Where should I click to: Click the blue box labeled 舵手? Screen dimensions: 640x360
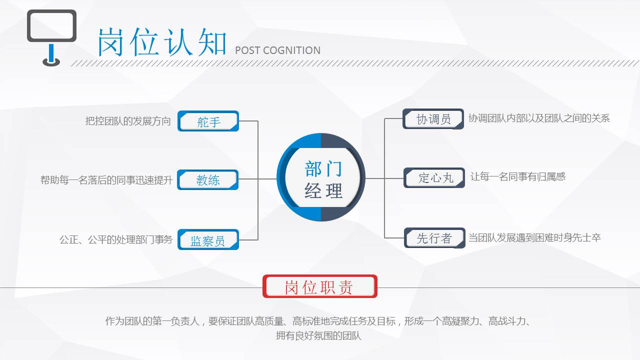208,121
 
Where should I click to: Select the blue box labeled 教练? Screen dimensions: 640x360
207,179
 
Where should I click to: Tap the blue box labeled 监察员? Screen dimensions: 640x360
208,239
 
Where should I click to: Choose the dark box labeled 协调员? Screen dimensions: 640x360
433,119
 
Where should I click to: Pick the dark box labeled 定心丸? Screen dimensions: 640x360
434,177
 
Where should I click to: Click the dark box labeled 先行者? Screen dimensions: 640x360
434,237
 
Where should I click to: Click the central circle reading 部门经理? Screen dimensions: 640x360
321,177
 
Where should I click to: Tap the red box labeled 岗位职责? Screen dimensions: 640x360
319,286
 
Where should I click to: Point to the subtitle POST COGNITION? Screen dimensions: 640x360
277,50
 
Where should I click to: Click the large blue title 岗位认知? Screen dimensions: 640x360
162,42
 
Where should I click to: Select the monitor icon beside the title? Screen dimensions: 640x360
51,38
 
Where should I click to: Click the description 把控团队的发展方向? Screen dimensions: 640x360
128,121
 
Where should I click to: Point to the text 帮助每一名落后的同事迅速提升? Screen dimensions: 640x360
106,180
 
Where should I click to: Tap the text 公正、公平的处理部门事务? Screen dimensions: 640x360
116,239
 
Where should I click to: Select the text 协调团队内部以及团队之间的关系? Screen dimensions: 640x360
539,118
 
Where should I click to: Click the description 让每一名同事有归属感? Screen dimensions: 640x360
518,176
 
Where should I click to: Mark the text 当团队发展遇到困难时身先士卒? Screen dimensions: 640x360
534,237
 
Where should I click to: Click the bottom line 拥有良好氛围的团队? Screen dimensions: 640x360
318,335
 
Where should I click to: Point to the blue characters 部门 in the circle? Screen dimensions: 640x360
323,169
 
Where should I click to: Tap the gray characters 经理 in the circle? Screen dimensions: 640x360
323,190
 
